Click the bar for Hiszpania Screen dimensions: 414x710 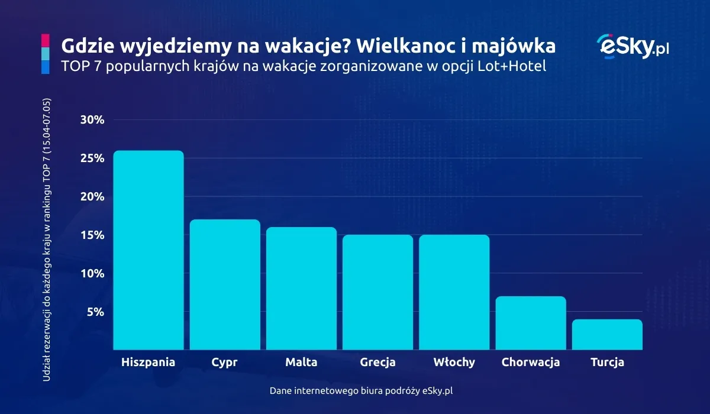click(149, 250)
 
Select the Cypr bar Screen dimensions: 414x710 click(225, 284)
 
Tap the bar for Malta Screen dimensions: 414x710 click(301, 289)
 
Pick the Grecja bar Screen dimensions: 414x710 click(377, 292)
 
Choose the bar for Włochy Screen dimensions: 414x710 click(454, 292)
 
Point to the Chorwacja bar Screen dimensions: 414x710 click(531, 323)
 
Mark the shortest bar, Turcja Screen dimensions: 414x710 click(607, 335)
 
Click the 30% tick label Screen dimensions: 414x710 click(92, 120)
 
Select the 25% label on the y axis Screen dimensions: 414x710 click(92, 159)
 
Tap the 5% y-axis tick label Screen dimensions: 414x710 click(95, 312)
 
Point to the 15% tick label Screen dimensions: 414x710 click(92, 235)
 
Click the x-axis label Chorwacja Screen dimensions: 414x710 click(531, 363)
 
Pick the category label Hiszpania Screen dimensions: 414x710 click(148, 363)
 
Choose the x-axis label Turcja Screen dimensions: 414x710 click(607, 363)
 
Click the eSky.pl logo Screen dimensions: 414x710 click(632, 46)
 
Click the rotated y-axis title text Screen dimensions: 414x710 click(47, 239)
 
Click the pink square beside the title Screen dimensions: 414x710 click(45, 40)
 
